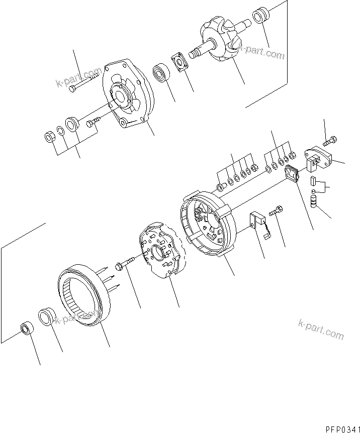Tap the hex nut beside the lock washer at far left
tap(50, 136)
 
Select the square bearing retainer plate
tap(179, 60)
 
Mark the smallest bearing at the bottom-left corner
tap(26, 330)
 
